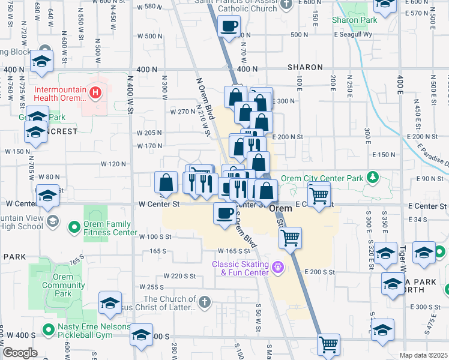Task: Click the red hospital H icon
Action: (95, 92)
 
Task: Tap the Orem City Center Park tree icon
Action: (373, 177)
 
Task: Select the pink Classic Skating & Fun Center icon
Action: (277, 266)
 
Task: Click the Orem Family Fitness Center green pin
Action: (74, 227)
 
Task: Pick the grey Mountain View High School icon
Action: (52, 221)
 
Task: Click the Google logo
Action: (20, 353)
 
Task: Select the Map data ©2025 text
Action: (423, 355)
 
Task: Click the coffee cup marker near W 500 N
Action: (229, 26)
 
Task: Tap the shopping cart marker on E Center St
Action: (319, 194)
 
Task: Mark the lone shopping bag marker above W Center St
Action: (166, 182)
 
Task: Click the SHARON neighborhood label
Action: (305, 68)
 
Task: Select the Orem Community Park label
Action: (59, 285)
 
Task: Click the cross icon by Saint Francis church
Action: (286, 4)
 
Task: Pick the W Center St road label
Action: (159, 204)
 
